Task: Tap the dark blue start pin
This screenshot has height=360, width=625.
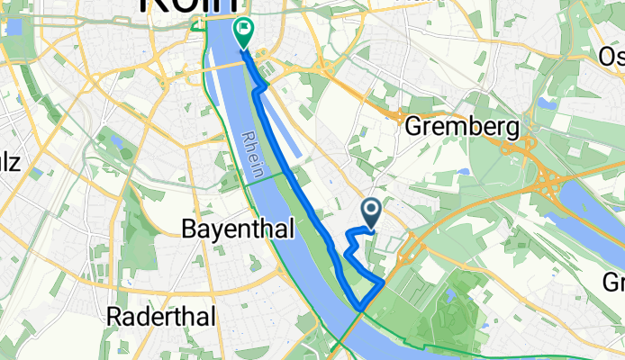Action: pyautogui.click(x=372, y=212)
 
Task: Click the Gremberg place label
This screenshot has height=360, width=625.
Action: pyautogui.click(x=462, y=128)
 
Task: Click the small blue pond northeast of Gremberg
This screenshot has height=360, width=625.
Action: pyautogui.click(x=540, y=102)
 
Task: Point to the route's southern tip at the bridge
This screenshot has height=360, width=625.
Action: pyautogui.click(x=362, y=309)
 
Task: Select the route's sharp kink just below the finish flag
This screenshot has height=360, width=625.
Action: pyautogui.click(x=263, y=86)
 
